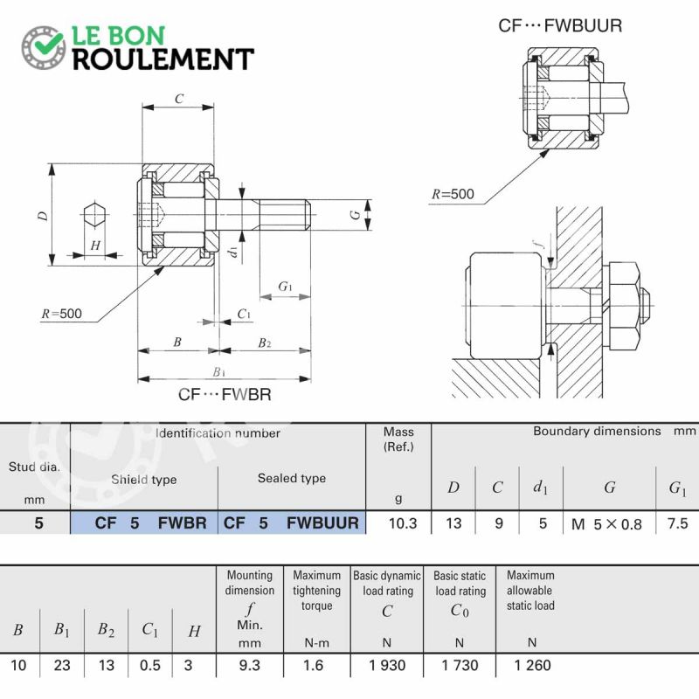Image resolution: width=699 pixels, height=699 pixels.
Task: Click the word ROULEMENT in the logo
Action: (x=163, y=59)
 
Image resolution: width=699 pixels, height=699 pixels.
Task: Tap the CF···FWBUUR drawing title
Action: (x=560, y=26)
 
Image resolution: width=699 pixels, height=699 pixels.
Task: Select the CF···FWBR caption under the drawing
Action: (x=225, y=394)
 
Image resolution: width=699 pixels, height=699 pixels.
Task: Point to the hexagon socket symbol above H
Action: (x=94, y=215)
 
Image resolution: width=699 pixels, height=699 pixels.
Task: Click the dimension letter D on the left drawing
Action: (x=43, y=216)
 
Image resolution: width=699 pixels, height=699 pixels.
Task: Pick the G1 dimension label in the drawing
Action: (x=285, y=287)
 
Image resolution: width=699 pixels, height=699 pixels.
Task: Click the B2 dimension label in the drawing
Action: (x=265, y=343)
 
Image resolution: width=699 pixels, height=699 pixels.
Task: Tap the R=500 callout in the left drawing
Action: (x=61, y=314)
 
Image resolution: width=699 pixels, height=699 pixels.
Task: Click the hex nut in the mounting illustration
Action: (x=624, y=306)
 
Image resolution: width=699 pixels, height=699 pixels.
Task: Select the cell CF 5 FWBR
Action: (x=144, y=523)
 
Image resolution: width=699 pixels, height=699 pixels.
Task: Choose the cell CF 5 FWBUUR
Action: (x=292, y=523)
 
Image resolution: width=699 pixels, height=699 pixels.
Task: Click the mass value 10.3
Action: (x=403, y=523)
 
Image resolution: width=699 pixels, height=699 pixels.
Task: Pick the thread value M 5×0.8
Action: (x=606, y=523)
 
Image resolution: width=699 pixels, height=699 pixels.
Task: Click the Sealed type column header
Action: (x=292, y=478)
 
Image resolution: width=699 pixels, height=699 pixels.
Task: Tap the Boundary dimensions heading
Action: (x=597, y=431)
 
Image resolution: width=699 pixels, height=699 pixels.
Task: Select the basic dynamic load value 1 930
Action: (x=387, y=665)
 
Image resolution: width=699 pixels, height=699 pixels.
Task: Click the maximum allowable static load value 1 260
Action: (x=532, y=665)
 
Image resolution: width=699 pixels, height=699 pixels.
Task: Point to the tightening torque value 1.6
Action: (x=313, y=665)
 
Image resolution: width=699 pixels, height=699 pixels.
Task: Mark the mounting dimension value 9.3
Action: (x=249, y=665)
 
